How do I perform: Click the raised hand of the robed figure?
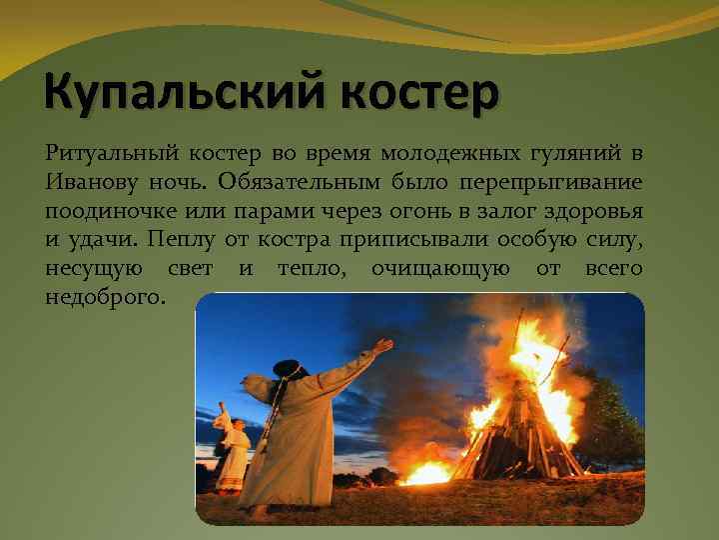(x=381, y=346)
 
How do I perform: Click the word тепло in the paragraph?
(x=309, y=269)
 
